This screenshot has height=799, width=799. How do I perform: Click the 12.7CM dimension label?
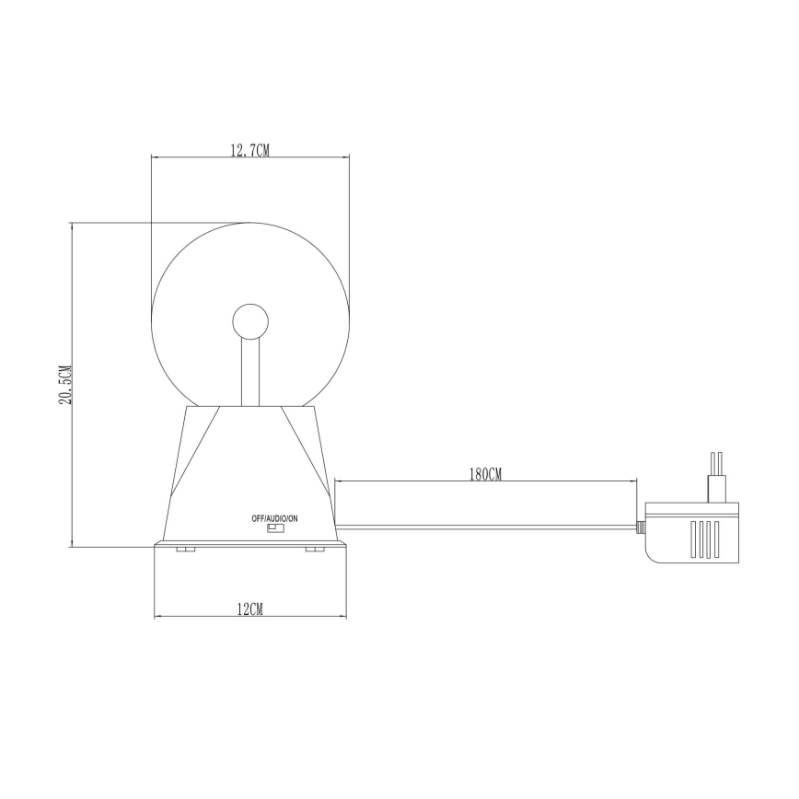coord(249,150)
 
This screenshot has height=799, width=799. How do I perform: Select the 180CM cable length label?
coord(485,474)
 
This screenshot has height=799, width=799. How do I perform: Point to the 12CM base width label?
coord(249,609)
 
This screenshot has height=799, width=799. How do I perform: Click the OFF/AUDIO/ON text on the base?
coord(274,518)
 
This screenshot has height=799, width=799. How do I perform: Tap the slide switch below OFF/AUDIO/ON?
coord(275,529)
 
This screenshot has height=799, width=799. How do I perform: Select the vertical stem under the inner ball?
coord(249,372)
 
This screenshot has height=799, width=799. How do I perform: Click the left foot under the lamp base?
coord(185,550)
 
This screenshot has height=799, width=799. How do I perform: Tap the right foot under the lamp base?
coord(315,550)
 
